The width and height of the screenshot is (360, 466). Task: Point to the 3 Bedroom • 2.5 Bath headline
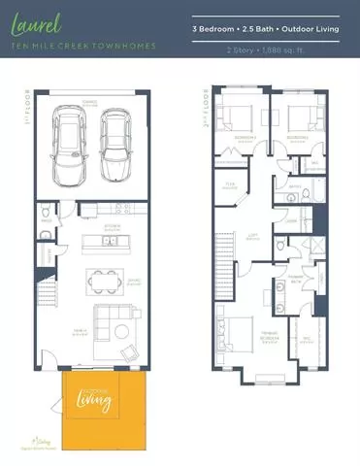[x=273, y=30]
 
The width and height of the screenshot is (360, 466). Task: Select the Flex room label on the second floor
[x=231, y=186]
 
